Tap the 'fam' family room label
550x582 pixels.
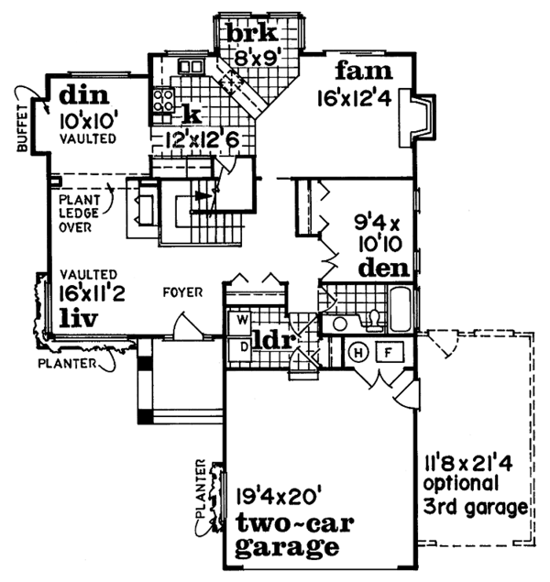click(x=364, y=71)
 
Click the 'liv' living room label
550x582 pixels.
click(x=80, y=317)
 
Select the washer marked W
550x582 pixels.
click(x=244, y=321)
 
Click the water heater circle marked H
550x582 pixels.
click(x=359, y=352)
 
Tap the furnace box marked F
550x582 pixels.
click(x=389, y=351)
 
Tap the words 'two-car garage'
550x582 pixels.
click(x=282, y=536)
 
